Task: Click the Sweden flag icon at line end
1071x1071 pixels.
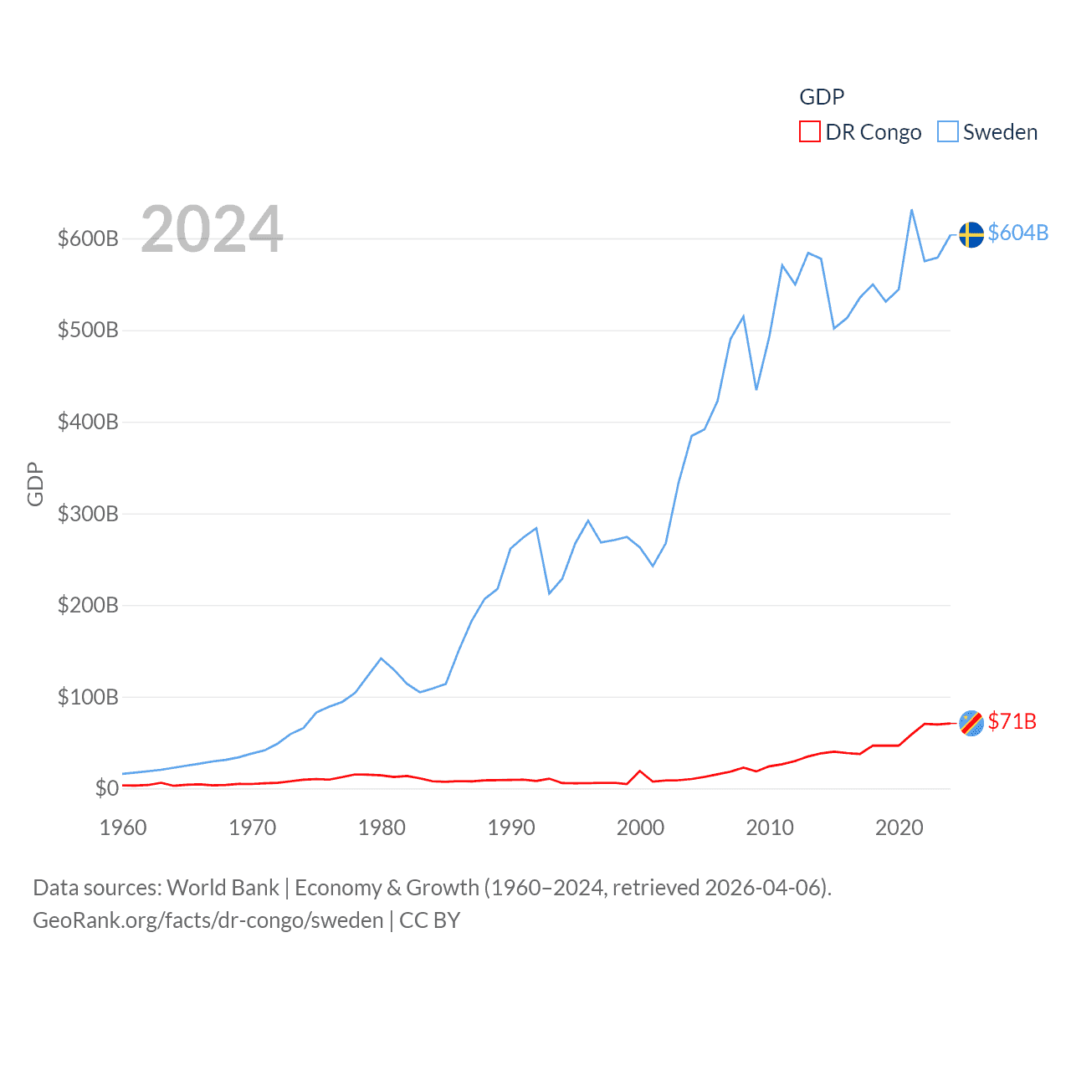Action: coord(971,234)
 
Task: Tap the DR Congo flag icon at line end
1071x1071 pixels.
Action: coord(971,723)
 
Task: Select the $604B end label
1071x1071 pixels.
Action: coord(1017,233)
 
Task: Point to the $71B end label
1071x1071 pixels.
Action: coord(1012,721)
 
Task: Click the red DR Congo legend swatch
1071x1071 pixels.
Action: coord(810,132)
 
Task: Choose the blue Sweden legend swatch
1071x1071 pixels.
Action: coord(947,132)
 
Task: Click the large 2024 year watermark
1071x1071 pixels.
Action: coord(212,229)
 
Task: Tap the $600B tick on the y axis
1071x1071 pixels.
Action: coord(88,238)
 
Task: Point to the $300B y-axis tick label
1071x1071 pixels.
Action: coord(88,514)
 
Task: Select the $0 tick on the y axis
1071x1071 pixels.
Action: coord(106,788)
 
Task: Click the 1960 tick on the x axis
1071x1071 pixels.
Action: coord(123,828)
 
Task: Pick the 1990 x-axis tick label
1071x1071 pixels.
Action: coord(511,828)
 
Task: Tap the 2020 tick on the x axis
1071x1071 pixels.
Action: coord(899,828)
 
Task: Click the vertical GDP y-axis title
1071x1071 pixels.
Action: coord(35,484)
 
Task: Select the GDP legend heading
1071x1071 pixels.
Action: coord(822,97)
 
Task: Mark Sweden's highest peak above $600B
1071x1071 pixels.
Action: coord(911,210)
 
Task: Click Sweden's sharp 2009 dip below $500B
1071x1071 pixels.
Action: coord(756,389)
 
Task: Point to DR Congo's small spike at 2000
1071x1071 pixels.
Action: coord(640,771)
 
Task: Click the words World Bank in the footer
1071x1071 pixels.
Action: coord(223,887)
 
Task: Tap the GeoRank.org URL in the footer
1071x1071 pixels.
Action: coord(208,920)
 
